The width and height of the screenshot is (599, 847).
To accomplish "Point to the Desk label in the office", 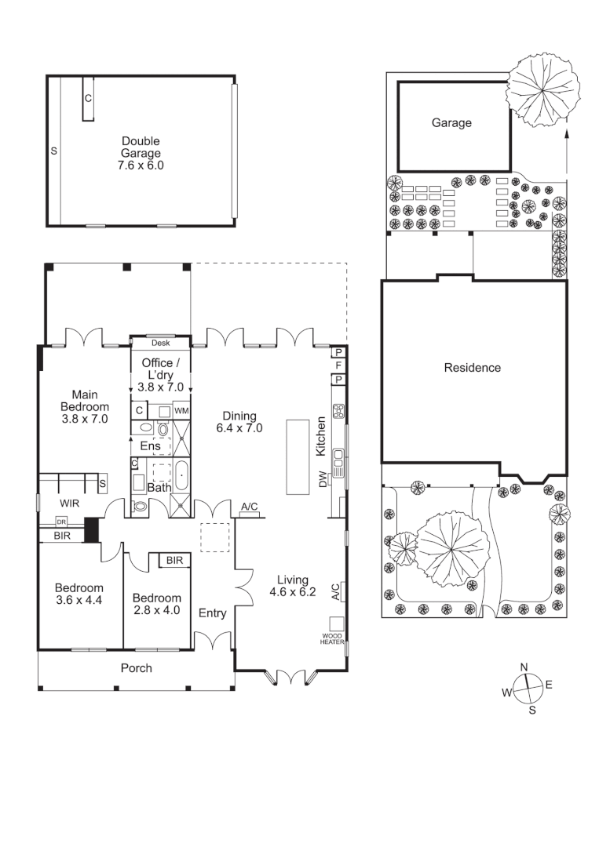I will [160, 343].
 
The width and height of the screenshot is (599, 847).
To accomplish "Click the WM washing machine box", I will [181, 410].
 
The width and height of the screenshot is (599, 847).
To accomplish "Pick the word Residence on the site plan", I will [472, 367].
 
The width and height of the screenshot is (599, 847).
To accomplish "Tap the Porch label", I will [136, 668].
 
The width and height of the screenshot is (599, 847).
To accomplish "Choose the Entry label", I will [212, 613].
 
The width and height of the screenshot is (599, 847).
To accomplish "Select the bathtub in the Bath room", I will [181, 476].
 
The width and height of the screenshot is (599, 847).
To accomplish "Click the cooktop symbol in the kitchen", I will [339, 410].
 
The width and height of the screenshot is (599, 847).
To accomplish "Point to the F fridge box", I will [338, 365].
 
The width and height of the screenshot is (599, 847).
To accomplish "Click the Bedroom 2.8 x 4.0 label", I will [157, 603].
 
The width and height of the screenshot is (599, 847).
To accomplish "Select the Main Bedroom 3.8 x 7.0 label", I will [85, 406].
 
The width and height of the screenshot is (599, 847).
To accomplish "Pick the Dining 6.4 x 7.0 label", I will [239, 422].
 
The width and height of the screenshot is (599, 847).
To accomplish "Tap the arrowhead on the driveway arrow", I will [566, 135].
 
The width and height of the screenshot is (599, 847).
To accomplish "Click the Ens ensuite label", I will [150, 446].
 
